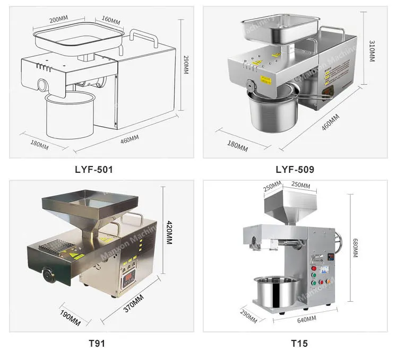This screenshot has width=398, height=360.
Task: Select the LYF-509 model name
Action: pos(295,170)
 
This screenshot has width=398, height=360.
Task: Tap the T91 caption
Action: pos(97,343)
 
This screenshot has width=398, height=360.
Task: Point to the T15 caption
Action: pos(299,343)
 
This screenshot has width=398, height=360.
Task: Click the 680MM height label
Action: pos(355,247)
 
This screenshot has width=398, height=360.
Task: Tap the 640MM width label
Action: pos(307,319)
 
